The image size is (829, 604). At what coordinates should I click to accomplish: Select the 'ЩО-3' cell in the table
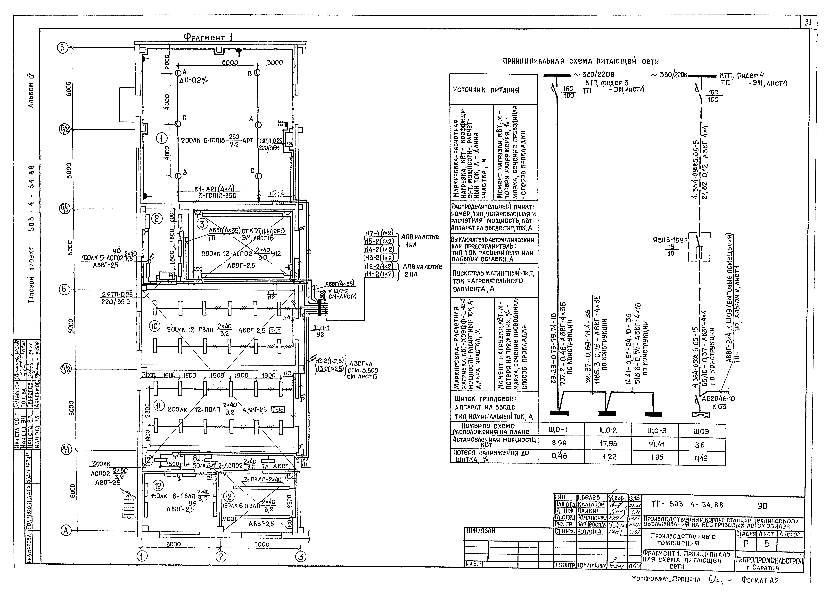[x=657, y=431]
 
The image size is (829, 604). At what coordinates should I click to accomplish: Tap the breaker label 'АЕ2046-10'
[x=718, y=399]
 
